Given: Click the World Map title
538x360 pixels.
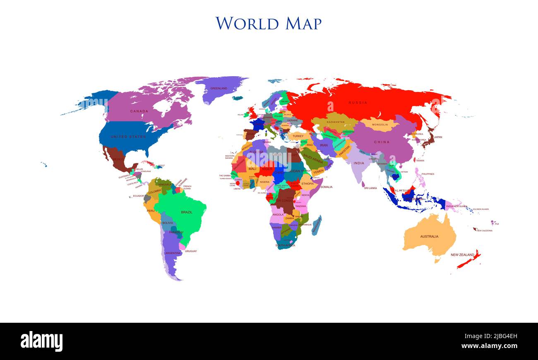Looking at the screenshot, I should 268,23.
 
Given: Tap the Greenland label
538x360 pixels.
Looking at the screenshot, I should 219,88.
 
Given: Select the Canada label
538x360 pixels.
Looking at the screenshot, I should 139,111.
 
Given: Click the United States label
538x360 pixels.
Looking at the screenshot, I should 128,137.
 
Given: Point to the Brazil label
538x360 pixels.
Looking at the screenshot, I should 187,212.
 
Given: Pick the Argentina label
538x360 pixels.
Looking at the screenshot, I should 173,253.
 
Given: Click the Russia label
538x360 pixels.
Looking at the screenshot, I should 358,103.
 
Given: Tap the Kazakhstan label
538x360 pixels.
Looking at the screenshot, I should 336,122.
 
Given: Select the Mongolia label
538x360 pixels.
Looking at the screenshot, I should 380,125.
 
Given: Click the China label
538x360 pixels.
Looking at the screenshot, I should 382,142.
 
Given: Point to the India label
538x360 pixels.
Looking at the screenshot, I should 359,163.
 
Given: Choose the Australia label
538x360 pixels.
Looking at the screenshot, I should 429,237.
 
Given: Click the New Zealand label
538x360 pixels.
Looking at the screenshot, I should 462,255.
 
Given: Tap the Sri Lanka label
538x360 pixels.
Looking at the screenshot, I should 370,188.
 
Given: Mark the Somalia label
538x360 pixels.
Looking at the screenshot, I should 326,187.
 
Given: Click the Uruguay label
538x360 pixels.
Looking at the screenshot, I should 191,251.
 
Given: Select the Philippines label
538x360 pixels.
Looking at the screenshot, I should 428,174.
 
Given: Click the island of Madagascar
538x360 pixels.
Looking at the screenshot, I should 316,226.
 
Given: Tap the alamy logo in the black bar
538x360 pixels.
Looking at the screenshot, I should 41,342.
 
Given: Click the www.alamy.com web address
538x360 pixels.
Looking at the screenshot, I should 489,346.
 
